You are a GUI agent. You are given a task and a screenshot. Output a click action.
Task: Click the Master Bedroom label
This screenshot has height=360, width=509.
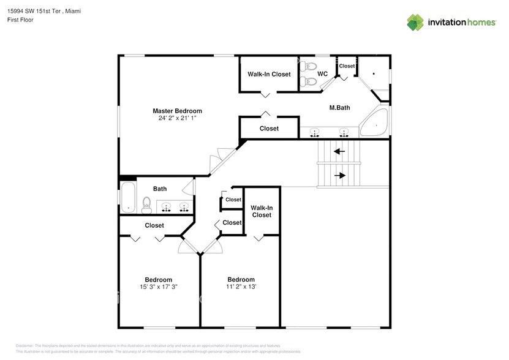(x=177, y=111)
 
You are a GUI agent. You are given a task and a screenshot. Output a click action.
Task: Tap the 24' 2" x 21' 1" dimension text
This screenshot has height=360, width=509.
(x=177, y=118)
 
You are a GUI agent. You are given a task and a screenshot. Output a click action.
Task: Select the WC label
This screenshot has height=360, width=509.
(x=322, y=74)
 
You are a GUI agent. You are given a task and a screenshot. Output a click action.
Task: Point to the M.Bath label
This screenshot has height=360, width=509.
(x=339, y=108)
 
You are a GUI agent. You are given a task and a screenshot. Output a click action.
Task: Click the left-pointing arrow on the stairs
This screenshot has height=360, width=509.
(x=339, y=151)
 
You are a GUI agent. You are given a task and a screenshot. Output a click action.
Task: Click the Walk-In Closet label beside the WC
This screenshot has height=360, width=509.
(x=269, y=74)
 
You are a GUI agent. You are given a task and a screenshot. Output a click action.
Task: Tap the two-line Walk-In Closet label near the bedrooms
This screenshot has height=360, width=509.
(x=262, y=211)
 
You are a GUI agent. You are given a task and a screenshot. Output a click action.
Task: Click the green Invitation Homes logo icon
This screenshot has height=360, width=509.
(x=415, y=22)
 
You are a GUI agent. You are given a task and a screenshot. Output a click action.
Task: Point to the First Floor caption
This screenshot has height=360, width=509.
(x=20, y=20)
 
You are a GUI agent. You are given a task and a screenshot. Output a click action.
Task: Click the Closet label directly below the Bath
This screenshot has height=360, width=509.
(x=154, y=225)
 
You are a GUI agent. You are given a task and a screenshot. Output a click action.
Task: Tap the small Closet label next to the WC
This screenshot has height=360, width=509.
(x=347, y=66)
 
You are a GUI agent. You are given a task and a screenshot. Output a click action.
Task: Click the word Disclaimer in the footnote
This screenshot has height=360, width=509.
(x=25, y=346)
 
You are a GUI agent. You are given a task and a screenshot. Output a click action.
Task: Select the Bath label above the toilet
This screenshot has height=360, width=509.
(x=160, y=189)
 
